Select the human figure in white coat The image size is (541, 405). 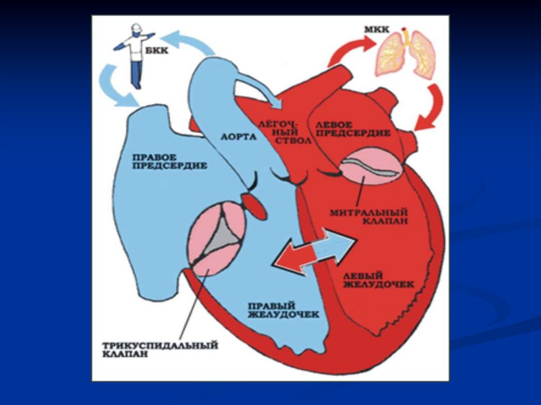(x=135, y=53)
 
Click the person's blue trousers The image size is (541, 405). (x=136, y=74)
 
